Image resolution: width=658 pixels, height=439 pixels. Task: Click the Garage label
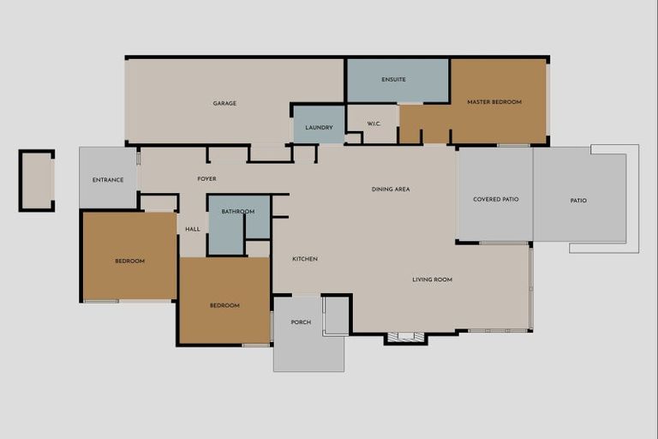pos(224,104)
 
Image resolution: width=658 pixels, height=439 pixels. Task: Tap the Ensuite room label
pos(393,80)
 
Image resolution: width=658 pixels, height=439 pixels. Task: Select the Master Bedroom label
pos(494,102)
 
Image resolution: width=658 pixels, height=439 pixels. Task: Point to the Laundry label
pos(319,128)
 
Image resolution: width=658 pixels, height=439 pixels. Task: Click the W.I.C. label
pos(374,123)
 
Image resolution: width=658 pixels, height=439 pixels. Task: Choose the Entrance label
pos(108,180)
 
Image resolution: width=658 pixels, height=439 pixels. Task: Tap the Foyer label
pos(206,179)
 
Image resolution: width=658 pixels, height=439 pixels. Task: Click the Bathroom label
pos(238,212)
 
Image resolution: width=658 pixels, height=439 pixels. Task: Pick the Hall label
pos(193,229)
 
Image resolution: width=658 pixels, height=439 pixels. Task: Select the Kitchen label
pos(305,259)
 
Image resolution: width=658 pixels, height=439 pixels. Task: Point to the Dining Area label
pos(391,189)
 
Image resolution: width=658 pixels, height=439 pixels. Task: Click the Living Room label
pos(432,280)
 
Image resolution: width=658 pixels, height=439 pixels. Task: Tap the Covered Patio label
pos(496,200)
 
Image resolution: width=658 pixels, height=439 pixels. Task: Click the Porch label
pos(301,322)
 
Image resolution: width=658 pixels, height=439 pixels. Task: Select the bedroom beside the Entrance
pos(130,261)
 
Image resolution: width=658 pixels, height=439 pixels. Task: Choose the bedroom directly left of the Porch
pos(224,305)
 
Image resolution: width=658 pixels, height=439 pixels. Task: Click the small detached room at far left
pos(37,180)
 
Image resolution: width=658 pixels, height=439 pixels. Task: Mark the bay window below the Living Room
pos(405,338)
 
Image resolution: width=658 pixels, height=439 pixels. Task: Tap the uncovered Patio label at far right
pos(579,201)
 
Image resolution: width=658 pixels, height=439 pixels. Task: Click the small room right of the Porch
pos(337,315)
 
